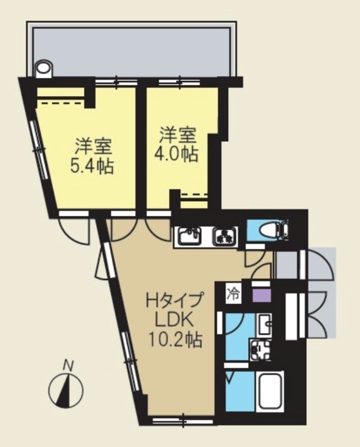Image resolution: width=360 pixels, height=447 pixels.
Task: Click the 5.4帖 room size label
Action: point(93,166)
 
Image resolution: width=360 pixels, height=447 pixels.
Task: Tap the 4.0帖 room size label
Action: point(177,154)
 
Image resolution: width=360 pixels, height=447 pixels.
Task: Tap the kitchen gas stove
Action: point(225,237)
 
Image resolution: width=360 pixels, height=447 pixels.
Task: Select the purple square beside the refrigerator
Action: point(260,294)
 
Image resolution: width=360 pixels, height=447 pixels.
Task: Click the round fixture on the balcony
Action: point(44,69)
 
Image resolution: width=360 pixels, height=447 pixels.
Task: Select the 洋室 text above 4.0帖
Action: point(177,135)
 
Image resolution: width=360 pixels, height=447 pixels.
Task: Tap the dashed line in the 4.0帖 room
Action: point(195,194)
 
